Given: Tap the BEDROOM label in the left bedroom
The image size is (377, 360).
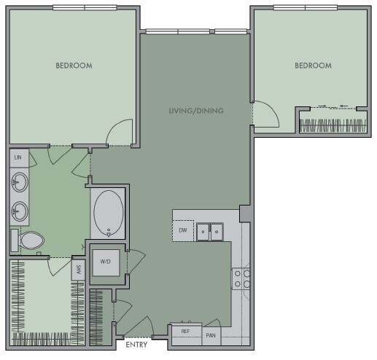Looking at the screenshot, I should pos(74,66).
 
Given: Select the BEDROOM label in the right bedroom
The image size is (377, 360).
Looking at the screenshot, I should pos(313,66).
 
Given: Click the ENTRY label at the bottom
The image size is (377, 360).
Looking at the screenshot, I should pos(136,345).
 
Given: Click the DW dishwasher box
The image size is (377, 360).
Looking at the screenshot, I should pos(183,231).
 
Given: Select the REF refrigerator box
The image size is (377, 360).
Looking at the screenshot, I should pos(186,331).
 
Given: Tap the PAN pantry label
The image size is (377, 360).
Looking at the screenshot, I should pos(211,335).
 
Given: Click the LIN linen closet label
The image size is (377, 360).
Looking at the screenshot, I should pos(18,157).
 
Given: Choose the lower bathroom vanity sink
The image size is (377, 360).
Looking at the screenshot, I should pos(19,211).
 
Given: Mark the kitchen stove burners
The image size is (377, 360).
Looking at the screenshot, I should pos(241,278).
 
